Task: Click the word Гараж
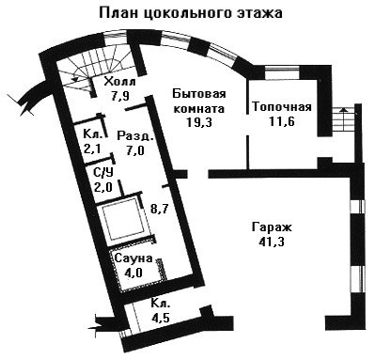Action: (x=272, y=227)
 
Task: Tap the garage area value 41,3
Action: (x=272, y=242)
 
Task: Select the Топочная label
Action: (x=282, y=107)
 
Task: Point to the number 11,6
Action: (x=282, y=121)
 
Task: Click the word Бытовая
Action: (x=199, y=94)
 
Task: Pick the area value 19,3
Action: (x=199, y=122)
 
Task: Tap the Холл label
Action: (x=120, y=82)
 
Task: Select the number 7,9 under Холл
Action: (x=120, y=95)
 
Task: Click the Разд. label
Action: (x=135, y=136)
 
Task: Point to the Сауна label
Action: (x=133, y=258)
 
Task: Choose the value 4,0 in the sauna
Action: (x=133, y=273)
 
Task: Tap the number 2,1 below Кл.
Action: (x=92, y=149)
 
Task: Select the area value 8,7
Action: (x=160, y=209)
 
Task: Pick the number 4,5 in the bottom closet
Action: (x=160, y=318)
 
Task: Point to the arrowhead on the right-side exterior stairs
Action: (x=344, y=110)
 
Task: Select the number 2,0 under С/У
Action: (x=103, y=187)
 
